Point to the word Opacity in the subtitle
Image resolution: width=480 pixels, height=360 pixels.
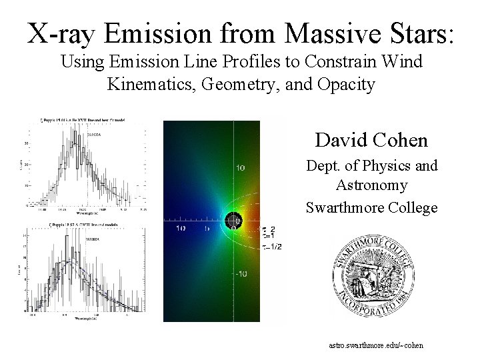345,85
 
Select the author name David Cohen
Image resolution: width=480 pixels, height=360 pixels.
371,140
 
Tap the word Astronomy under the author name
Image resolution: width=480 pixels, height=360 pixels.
371,185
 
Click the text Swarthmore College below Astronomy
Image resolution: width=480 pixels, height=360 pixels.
371,207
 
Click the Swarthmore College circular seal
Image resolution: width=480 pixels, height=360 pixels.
373,275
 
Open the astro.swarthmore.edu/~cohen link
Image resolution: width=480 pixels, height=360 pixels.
376,345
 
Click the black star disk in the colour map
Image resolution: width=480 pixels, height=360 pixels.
233,220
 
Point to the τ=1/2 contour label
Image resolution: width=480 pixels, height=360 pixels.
272,246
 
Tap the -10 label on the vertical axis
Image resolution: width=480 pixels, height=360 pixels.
241,274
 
